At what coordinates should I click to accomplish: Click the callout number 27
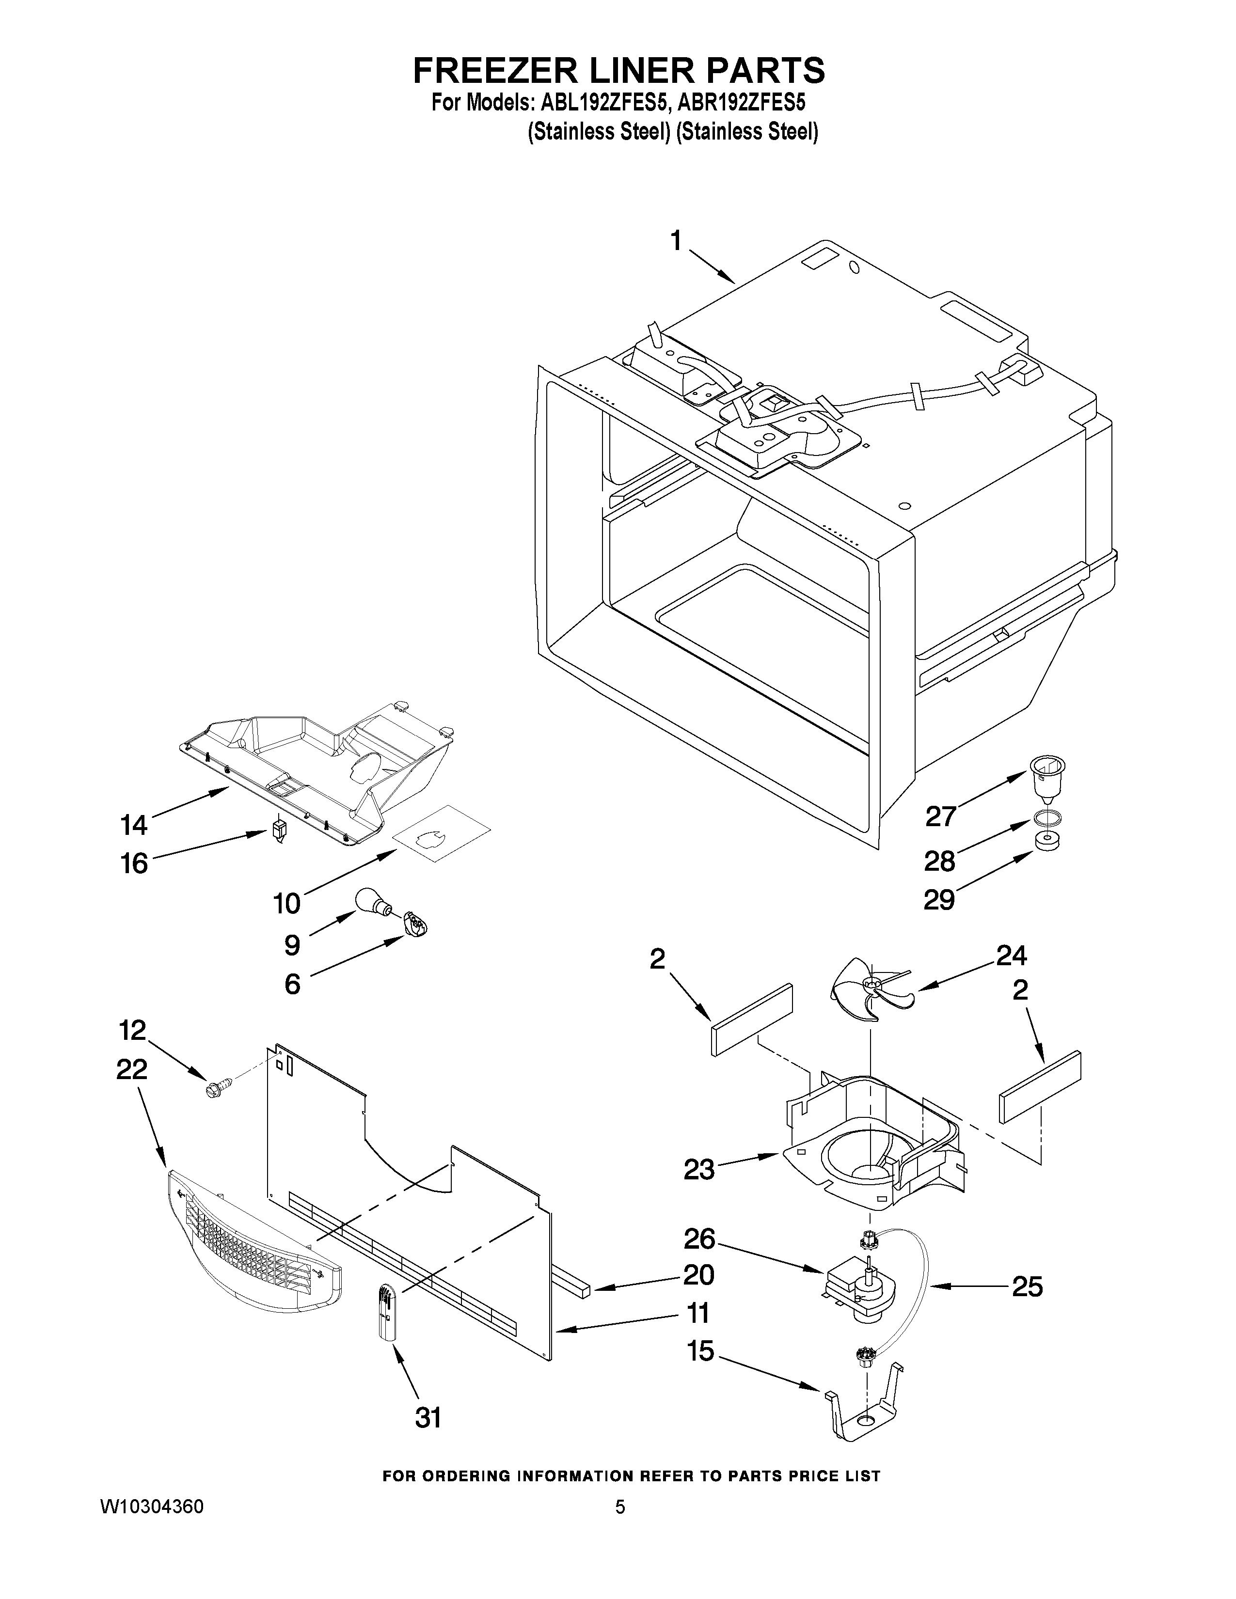(x=940, y=815)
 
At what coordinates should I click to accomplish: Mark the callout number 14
(x=134, y=825)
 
